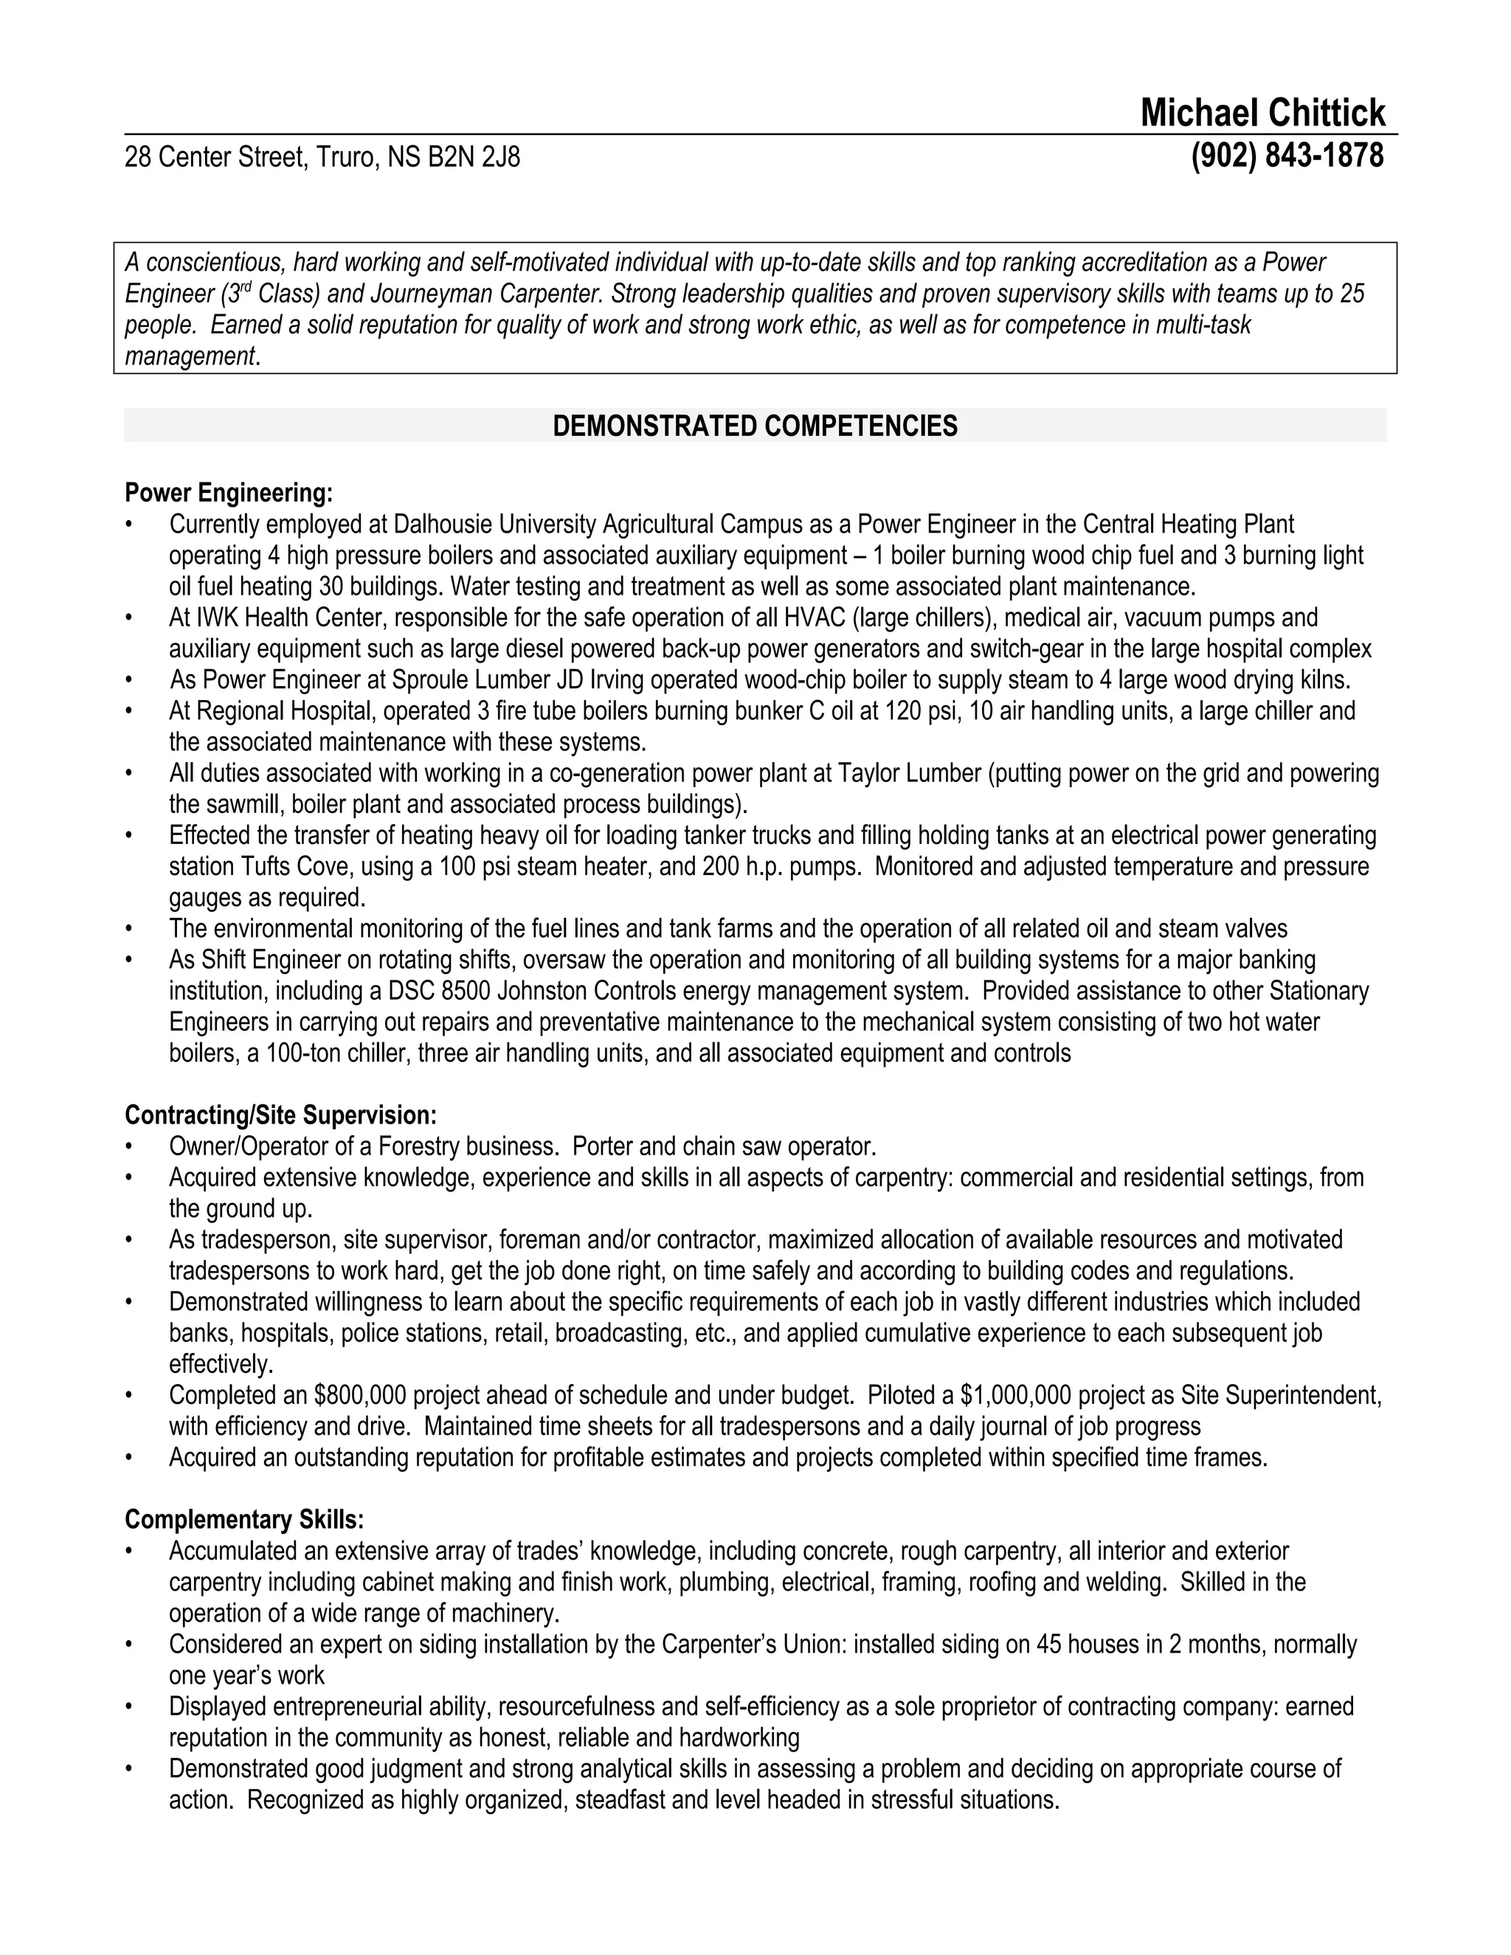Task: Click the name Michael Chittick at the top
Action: click(x=1262, y=114)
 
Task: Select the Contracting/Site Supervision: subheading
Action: click(x=280, y=1115)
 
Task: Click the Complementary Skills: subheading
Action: click(x=243, y=1519)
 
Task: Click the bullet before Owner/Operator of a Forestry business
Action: click(x=130, y=1146)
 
